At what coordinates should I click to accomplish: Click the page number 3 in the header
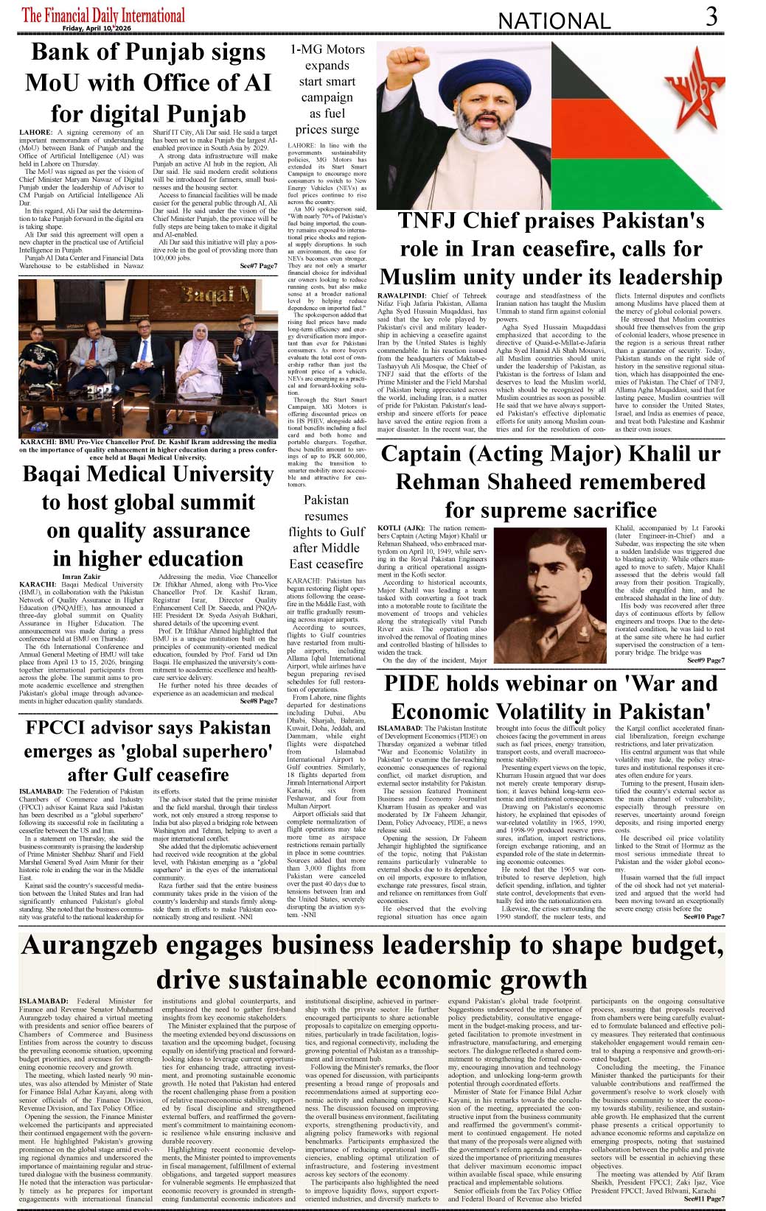pos(711,16)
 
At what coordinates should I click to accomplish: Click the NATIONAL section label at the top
pos(554,21)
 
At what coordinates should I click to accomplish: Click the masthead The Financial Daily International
pos(103,14)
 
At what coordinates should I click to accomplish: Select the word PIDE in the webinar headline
pos(412,684)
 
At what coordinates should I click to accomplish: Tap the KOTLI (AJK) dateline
pos(400,528)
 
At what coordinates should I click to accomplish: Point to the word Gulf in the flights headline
pos(351,532)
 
